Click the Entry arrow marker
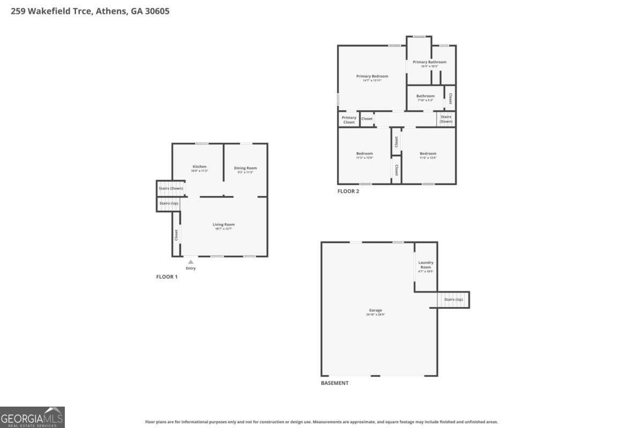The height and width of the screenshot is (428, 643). point(190,262)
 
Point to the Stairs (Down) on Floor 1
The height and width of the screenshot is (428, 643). point(171,188)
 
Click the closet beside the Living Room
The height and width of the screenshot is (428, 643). point(176,234)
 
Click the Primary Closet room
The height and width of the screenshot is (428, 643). point(349,120)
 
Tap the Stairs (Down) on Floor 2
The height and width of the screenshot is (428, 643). point(446,119)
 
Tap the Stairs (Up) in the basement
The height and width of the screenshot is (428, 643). point(453,300)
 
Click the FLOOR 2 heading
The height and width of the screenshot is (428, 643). point(348,192)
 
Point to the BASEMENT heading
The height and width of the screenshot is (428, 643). point(334,383)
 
